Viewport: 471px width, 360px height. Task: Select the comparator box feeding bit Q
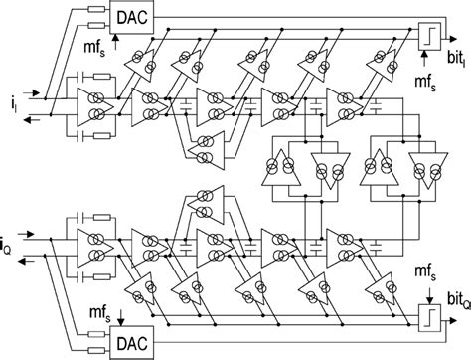coord(402,327)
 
